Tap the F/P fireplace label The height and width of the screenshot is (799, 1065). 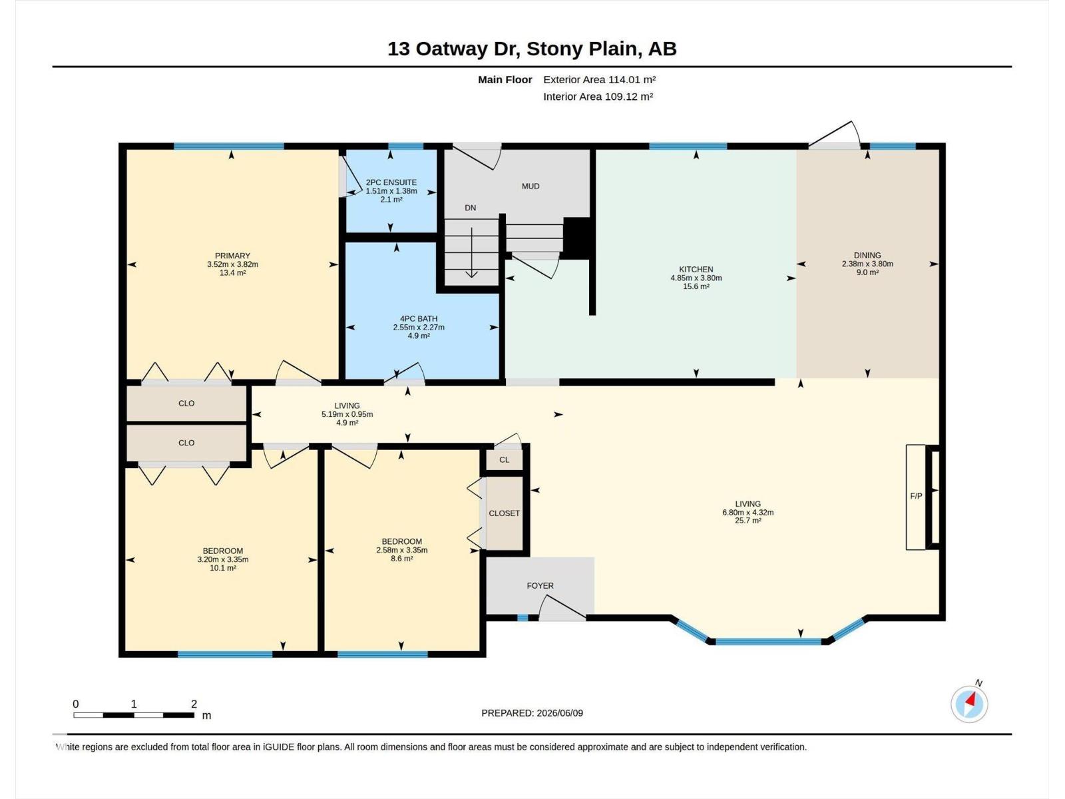point(916,496)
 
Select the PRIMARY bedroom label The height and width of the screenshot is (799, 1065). point(232,256)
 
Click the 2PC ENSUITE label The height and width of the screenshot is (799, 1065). point(391,182)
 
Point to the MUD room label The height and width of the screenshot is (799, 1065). point(531,186)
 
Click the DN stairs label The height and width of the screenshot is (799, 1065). point(470,208)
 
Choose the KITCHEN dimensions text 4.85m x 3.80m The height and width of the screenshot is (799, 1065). point(696,278)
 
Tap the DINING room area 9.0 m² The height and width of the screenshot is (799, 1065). point(867,272)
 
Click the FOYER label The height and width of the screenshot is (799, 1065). point(540,585)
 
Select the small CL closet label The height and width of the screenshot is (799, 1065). point(504,460)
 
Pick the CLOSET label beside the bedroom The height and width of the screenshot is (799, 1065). point(504,513)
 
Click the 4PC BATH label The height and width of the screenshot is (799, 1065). point(419,319)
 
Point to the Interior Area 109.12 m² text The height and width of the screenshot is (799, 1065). point(598,97)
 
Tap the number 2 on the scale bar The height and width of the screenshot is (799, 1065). point(194,704)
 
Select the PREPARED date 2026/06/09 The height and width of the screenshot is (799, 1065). point(559,713)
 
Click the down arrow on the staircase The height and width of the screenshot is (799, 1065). point(472,253)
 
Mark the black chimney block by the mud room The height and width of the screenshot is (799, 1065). point(576,238)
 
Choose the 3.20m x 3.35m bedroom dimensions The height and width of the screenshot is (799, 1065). point(223,559)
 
